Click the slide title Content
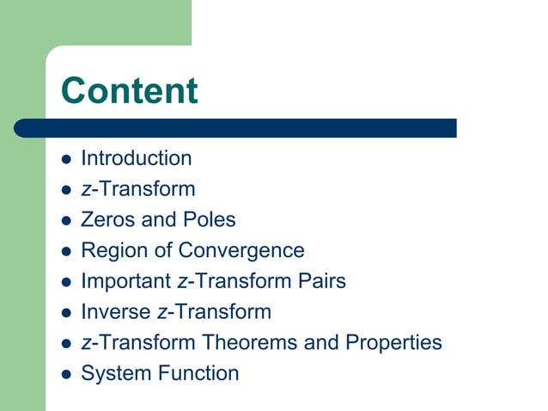[130, 90]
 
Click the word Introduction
[136, 158]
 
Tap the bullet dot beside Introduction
[66, 159]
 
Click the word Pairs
[321, 281]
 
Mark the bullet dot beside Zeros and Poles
[66, 221]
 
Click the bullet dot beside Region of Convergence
[66, 252]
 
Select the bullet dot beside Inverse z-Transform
[66, 313]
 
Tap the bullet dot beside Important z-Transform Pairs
[66, 282]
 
